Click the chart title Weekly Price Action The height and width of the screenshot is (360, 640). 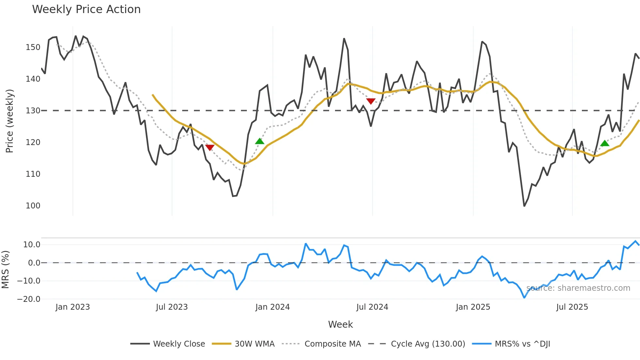86,9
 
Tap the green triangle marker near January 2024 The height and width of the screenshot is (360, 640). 260,141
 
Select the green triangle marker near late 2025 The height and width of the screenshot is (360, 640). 605,143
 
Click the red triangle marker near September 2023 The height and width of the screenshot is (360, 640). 210,147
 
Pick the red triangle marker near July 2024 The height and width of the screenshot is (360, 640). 371,101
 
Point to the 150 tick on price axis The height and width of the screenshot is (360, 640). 33,47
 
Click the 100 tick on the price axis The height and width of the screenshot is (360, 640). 33,206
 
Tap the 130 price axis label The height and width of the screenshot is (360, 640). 33,111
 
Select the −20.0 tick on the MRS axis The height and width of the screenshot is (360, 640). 29,299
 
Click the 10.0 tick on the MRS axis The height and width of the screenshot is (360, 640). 32,245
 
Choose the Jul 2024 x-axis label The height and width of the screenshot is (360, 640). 372,307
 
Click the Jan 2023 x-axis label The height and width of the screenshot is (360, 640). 72,307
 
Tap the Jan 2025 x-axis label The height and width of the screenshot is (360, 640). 473,307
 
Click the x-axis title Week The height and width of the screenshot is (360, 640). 340,324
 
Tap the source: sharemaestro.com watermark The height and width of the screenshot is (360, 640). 578,288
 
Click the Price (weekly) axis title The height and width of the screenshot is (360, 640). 10,121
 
